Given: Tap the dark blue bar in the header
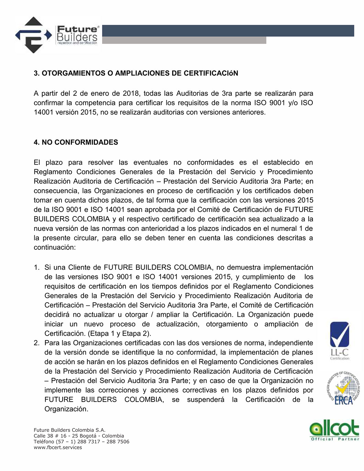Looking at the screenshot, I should pos(228,31).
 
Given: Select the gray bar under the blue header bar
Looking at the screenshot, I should pos(184,40).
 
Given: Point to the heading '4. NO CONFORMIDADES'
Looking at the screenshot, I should pos(76,142).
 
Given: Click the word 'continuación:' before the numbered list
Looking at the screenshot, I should pos(54,247).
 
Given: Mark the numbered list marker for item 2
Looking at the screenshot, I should pos(36,343).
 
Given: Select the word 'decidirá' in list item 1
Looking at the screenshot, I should pos(57,315).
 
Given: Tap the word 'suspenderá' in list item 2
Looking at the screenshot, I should pos(206,400).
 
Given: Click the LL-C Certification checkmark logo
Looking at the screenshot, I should pos(340,340).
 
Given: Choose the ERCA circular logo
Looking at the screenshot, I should pos(343,388).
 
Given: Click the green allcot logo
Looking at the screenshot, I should pos(334,429).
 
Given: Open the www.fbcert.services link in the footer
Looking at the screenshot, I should pos(58,448).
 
